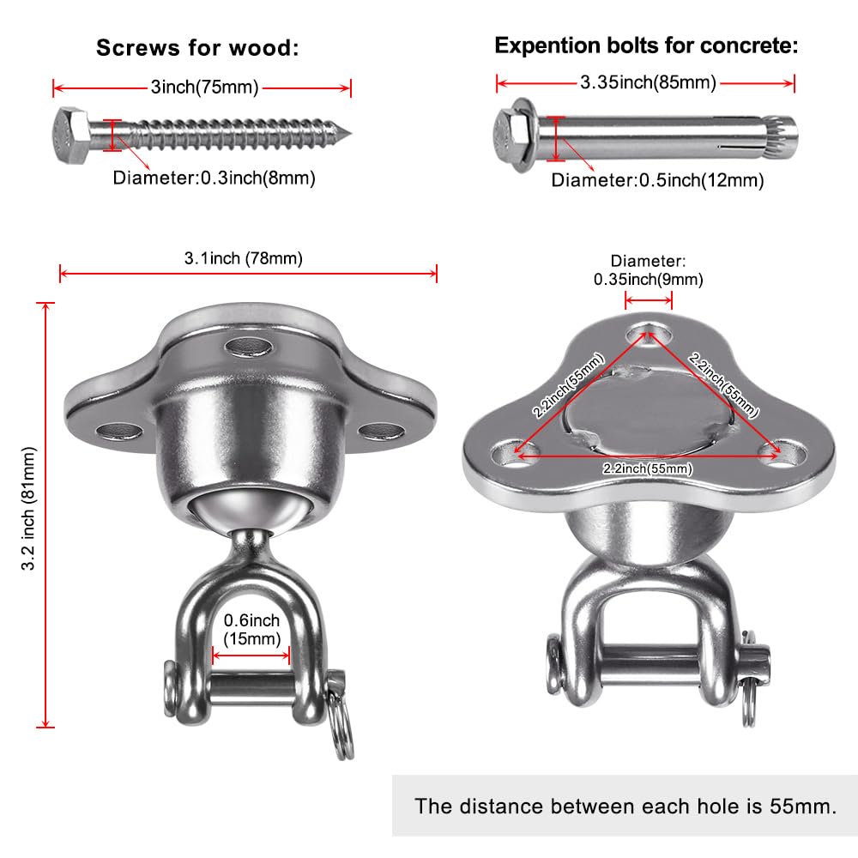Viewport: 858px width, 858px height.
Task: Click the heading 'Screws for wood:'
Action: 197,48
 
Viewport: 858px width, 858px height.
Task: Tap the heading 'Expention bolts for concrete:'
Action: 646,46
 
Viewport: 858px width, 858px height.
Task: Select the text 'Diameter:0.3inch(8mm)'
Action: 214,178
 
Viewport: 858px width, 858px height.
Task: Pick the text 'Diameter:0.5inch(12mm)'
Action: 657,180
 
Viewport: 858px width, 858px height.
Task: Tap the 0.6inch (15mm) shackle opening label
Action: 251,628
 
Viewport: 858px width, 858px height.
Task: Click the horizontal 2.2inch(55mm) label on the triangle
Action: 649,468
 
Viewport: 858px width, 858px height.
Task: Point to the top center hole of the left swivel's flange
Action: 250,347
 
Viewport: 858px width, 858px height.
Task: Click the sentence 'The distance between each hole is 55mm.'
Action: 625,806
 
